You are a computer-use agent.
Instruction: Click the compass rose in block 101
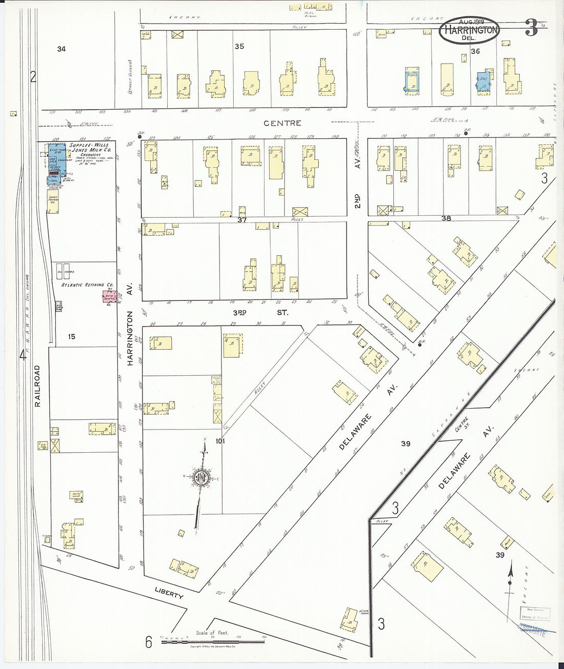pyautogui.click(x=202, y=477)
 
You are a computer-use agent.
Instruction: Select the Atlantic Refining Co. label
pyautogui.click(x=87, y=285)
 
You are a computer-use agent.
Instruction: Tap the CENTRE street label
pyautogui.click(x=283, y=123)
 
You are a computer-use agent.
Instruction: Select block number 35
pyautogui.click(x=239, y=46)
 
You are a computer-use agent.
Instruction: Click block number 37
pyautogui.click(x=242, y=220)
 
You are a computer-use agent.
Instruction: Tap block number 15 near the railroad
pyautogui.click(x=71, y=336)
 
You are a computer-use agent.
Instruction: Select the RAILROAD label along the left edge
pyautogui.click(x=38, y=386)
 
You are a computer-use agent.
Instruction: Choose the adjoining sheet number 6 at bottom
pyautogui.click(x=149, y=641)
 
